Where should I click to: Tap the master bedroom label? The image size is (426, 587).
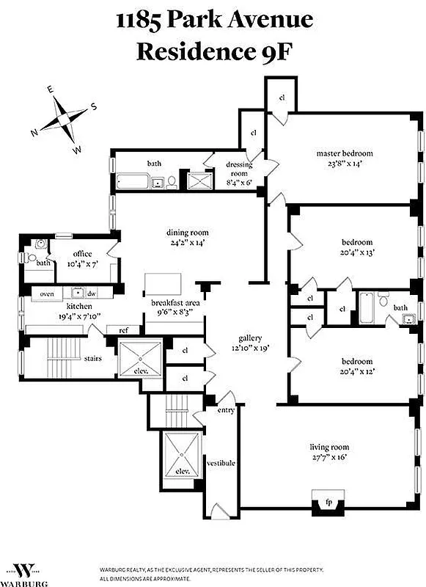point(345,153)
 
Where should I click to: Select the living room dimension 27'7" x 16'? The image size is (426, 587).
point(339,456)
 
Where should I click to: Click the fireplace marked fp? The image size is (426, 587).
point(327,503)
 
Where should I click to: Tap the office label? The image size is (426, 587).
point(83,254)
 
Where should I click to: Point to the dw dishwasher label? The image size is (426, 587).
point(92,293)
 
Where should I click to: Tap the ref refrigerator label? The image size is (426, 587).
point(123,330)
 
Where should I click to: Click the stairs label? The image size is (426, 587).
point(92,359)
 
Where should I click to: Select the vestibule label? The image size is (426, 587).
point(221,463)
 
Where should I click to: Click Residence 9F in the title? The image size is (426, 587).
point(213,52)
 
